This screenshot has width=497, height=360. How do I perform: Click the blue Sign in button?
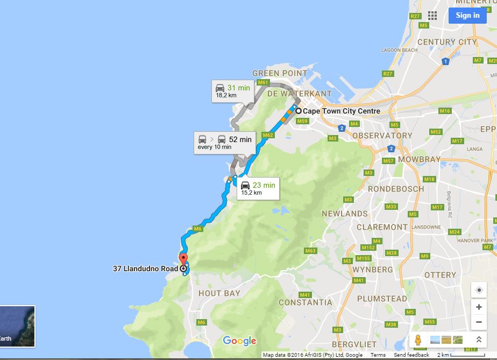467,15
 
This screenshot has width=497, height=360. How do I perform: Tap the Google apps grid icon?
432,15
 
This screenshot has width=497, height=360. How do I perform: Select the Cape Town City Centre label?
341,111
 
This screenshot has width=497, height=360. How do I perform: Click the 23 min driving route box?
258,188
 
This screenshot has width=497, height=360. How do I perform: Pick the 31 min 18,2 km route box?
232,90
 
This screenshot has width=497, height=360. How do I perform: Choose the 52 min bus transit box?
224,142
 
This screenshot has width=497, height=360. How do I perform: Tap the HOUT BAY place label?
219,293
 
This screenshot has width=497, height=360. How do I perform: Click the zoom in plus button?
479,307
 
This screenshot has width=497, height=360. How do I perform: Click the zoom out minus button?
479,322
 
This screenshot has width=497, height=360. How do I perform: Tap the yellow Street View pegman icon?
418,340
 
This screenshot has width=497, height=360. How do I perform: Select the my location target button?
479,290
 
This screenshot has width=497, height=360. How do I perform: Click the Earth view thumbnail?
17,326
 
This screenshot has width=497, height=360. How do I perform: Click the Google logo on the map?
239,341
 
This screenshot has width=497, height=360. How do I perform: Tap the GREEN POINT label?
273,73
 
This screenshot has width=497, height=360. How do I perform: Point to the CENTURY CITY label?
447,42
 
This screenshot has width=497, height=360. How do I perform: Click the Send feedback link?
411,355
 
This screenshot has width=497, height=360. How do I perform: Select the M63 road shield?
310,251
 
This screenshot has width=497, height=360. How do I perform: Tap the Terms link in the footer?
378,355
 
